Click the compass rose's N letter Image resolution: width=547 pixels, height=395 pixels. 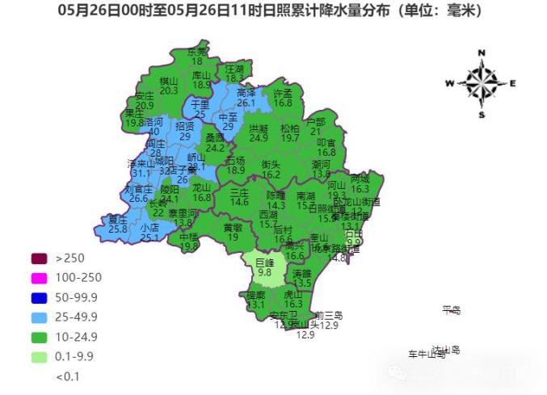(482, 53)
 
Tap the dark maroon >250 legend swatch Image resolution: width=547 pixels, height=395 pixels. (40, 258)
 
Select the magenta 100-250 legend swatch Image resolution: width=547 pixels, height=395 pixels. (40, 278)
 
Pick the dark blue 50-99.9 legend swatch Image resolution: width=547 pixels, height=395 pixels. (40, 297)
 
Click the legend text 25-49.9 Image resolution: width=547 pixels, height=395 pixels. (77, 317)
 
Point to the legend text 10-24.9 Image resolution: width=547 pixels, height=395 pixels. (77, 336)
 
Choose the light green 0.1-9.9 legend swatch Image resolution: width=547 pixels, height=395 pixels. (40, 356)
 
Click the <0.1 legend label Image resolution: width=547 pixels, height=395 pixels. (68, 376)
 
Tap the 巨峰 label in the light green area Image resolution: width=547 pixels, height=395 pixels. (265, 263)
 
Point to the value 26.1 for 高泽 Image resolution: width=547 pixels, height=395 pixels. (246, 103)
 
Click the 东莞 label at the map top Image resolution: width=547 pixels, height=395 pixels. (197, 52)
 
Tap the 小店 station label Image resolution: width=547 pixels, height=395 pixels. (149, 228)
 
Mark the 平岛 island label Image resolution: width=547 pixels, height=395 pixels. (451, 309)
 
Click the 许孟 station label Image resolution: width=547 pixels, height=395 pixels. (282, 94)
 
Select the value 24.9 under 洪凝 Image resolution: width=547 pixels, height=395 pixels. (259, 138)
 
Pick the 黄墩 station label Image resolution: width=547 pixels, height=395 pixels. (233, 227)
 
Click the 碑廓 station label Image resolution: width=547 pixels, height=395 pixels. (255, 296)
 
